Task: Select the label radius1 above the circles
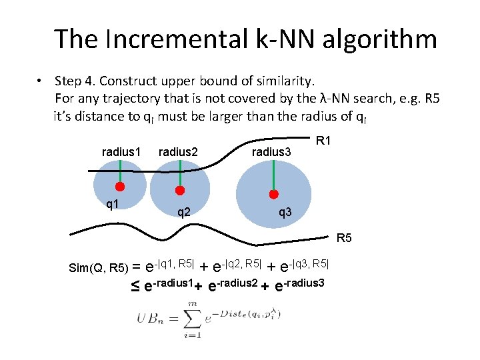pyautogui.click(x=121, y=152)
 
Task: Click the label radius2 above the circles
pyautogui.click(x=178, y=152)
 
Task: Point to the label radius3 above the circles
pyautogui.click(x=271, y=152)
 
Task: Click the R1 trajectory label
pyautogui.click(x=325, y=141)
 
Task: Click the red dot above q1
pyautogui.click(x=121, y=186)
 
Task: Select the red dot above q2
pyautogui.click(x=178, y=189)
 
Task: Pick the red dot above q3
pyautogui.click(x=273, y=195)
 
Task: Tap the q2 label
pyautogui.click(x=184, y=213)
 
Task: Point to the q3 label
pyautogui.click(x=285, y=213)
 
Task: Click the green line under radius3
pyautogui.click(x=273, y=177)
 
